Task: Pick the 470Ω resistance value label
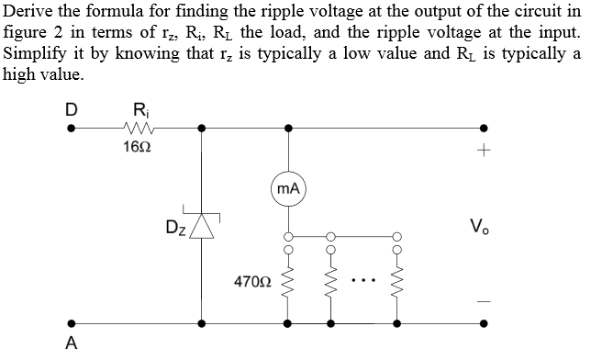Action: click(251, 278)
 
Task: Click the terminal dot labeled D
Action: click(71, 129)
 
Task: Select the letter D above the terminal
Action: click(70, 107)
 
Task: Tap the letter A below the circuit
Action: click(71, 343)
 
